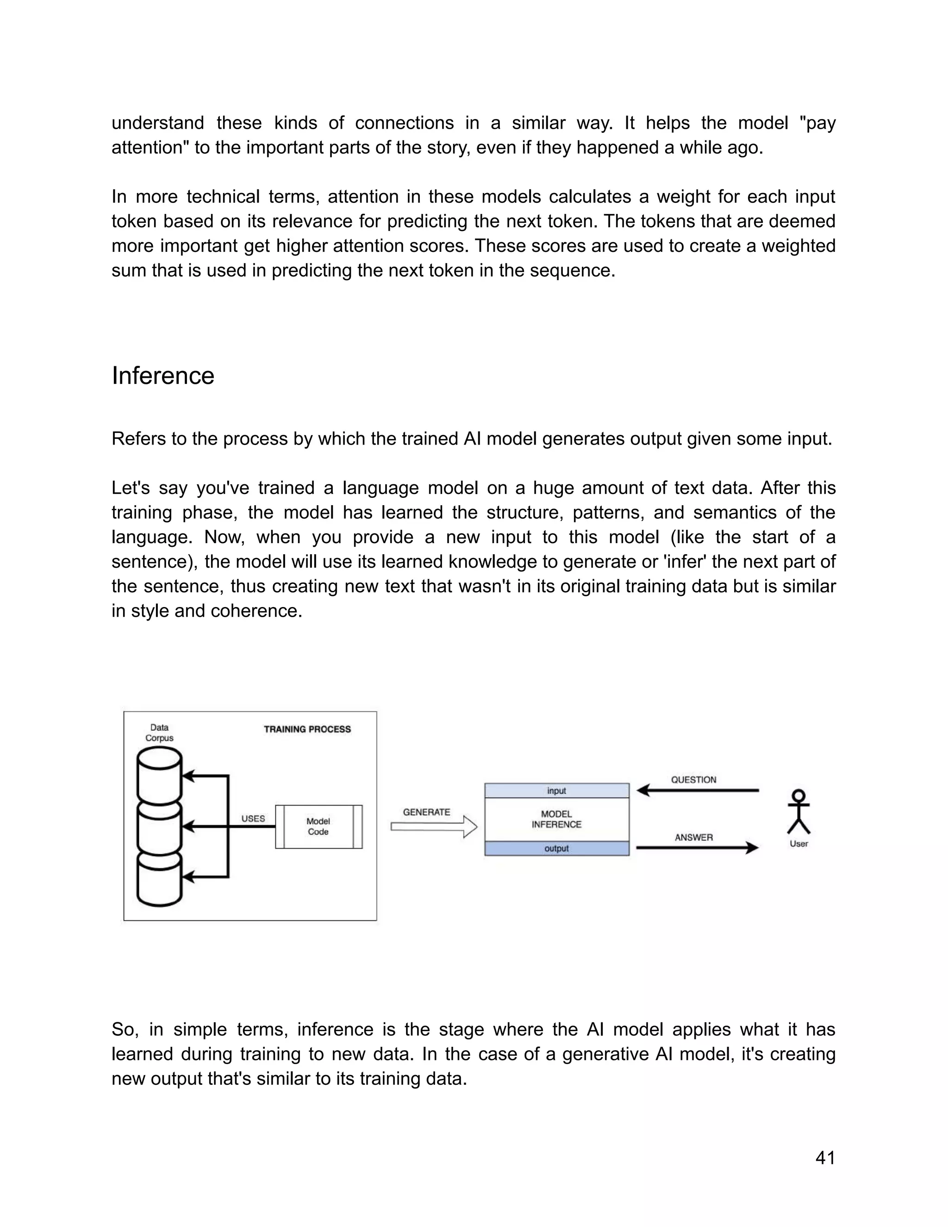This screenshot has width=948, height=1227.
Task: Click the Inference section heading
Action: (163, 376)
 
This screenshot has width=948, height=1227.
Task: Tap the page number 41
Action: (825, 1158)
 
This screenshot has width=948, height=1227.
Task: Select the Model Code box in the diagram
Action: (318, 826)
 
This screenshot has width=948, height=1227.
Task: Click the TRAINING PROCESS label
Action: (307, 729)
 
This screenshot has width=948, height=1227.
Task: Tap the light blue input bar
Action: (556, 790)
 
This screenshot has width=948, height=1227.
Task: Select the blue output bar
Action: (556, 848)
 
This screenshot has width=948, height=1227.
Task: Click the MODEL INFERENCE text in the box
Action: (556, 819)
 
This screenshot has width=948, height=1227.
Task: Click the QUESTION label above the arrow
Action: (693, 780)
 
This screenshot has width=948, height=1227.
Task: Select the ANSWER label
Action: (693, 837)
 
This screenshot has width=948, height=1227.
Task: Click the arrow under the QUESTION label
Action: (698, 790)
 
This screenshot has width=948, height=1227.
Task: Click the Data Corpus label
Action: (160, 732)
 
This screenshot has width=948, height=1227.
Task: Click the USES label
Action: (253, 819)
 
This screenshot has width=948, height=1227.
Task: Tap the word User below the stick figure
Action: (798, 843)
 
